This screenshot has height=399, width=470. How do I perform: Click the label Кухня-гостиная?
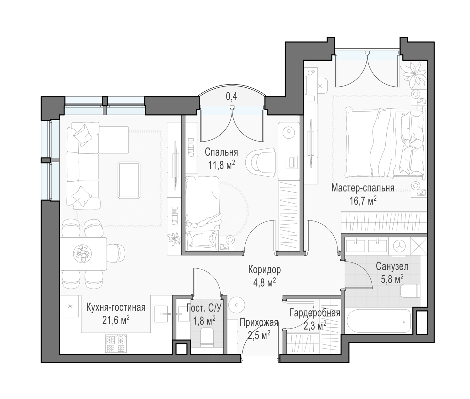[x=116, y=308]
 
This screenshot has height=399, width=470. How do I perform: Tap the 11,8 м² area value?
[x=222, y=165]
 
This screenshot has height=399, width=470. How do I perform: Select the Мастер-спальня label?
[x=363, y=188]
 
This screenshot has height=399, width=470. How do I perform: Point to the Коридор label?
[x=264, y=270]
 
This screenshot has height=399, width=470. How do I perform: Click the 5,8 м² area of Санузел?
[x=392, y=279]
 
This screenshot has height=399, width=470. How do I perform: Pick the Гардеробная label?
[x=315, y=313]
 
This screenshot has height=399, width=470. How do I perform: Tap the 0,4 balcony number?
[x=232, y=97]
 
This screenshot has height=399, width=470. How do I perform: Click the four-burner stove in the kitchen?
[x=116, y=344]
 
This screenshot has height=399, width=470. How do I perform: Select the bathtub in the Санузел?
[x=379, y=322]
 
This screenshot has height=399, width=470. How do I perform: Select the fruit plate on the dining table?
[x=82, y=253]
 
